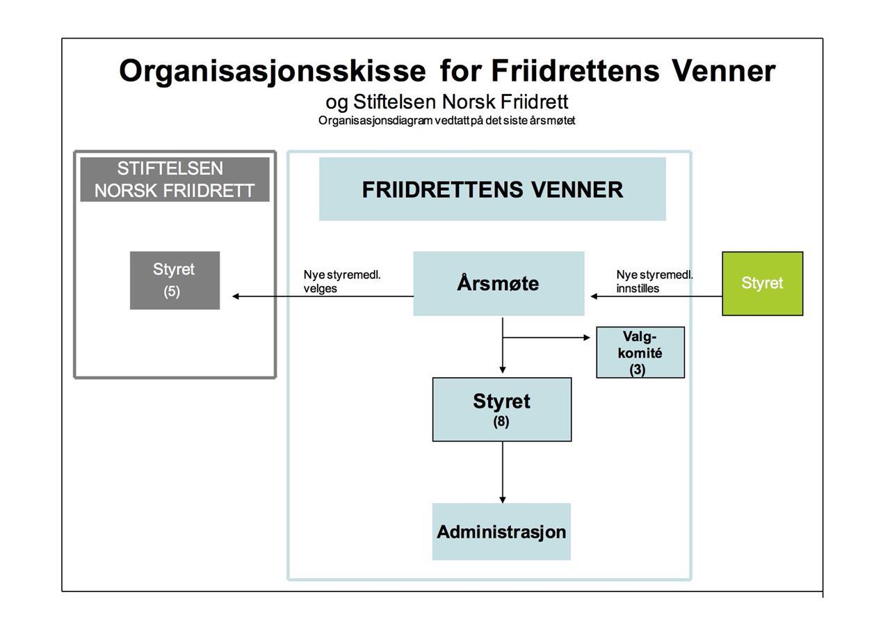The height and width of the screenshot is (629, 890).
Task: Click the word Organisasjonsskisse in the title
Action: (272, 71)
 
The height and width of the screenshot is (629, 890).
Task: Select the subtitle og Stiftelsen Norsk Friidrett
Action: (446, 102)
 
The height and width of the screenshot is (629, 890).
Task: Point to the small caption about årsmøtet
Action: (446, 120)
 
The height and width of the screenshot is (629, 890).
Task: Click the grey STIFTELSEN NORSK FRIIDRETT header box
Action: (175, 180)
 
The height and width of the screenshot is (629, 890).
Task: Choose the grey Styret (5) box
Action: (175, 280)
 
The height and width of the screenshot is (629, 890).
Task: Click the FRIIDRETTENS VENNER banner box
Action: (492, 189)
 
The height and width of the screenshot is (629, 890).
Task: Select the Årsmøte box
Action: (499, 284)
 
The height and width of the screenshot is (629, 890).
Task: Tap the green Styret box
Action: (762, 284)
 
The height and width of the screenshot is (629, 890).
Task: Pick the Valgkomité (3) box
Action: (640, 353)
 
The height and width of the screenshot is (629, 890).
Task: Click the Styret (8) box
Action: (502, 409)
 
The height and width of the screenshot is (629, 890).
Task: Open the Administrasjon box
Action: (501, 532)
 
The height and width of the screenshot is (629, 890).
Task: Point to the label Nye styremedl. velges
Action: (342, 281)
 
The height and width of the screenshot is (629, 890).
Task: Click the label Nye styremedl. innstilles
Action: (654, 281)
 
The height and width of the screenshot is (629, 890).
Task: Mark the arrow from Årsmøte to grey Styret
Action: (323, 296)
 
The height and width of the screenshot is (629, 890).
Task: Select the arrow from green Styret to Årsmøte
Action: (656, 296)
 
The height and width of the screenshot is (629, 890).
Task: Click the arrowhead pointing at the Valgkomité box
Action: (586, 337)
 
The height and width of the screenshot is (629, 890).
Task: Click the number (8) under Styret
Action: (501, 421)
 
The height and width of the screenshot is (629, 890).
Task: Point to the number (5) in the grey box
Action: (172, 292)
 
